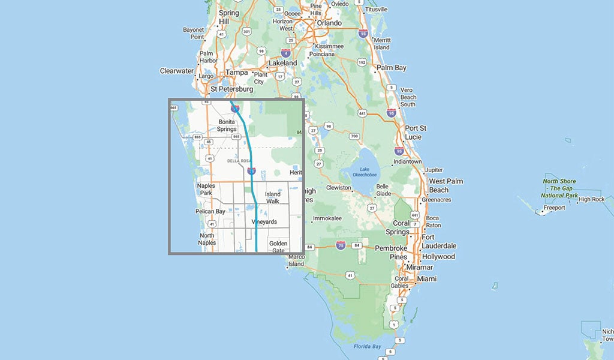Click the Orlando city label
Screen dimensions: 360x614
pyautogui.click(x=329, y=23)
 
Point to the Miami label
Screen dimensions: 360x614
pyautogui.click(x=428, y=279)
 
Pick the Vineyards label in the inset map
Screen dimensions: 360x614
pyautogui.click(x=264, y=222)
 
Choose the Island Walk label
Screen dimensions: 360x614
pyautogui.click(x=272, y=198)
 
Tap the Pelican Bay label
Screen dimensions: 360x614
pyautogui.click(x=210, y=212)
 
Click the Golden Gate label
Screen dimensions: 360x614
pyautogui.click(x=278, y=247)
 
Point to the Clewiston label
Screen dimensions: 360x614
pyautogui.click(x=339, y=188)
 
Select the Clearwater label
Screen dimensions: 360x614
pyautogui.click(x=177, y=71)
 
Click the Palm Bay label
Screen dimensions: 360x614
pyautogui.click(x=392, y=68)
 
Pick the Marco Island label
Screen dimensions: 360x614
pyautogui.click(x=296, y=260)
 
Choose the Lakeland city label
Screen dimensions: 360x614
pyautogui.click(x=282, y=63)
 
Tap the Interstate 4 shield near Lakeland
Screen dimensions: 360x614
pyautogui.click(x=285, y=53)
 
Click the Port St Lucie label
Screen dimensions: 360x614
pyautogui.click(x=416, y=132)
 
